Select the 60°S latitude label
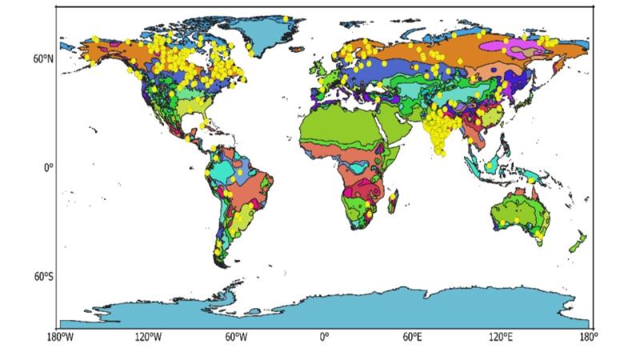tap(42, 277)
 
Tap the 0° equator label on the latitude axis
tap(48, 168)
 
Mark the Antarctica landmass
tap(336, 308)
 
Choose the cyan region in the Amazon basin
tap(220, 173)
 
